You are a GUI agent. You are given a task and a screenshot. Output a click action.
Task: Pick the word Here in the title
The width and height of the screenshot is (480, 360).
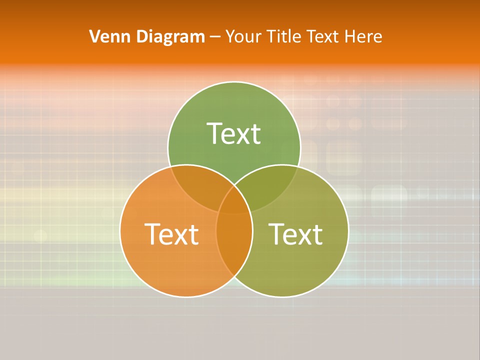(364, 36)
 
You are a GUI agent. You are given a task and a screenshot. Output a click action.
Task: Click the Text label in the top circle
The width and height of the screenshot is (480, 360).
(234, 133)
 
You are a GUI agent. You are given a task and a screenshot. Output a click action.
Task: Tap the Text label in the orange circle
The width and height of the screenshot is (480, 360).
(171, 233)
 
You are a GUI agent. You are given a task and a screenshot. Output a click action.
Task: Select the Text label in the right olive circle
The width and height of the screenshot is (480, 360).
(295, 233)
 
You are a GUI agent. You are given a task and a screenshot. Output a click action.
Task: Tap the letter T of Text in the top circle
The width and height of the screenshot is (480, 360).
(214, 133)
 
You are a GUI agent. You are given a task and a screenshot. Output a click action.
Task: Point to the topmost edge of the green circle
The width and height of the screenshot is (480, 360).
(234, 82)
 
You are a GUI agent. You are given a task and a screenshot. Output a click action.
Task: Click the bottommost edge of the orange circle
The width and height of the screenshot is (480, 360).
(186, 296)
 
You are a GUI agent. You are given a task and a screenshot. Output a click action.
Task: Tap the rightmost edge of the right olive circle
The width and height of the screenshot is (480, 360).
(348, 230)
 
